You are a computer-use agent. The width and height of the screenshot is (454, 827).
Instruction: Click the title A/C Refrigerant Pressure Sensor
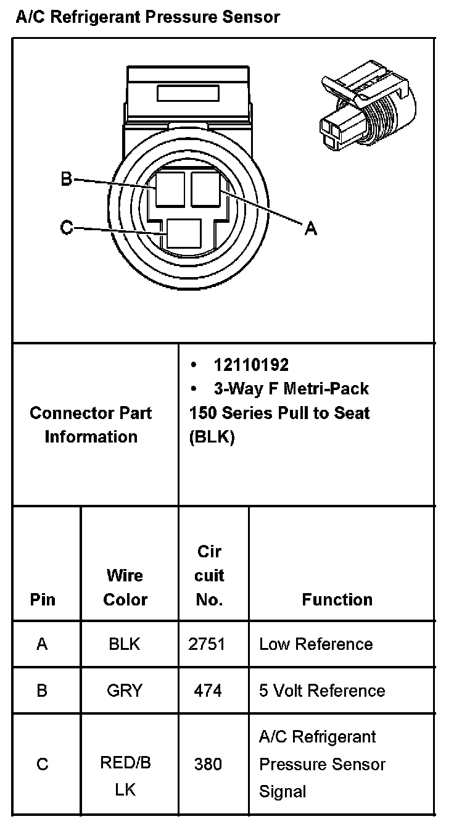147,17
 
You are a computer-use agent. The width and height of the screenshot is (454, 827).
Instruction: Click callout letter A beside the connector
311,229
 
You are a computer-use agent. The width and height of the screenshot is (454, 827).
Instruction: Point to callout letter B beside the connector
67,180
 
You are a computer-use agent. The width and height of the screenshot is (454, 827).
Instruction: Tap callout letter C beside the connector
67,228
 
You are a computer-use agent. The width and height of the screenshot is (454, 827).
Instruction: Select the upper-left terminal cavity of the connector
170,189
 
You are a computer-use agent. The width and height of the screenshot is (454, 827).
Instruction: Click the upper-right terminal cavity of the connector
207,189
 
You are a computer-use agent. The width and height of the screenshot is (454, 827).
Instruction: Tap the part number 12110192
251,365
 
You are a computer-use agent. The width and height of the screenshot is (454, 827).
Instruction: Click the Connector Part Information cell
91,425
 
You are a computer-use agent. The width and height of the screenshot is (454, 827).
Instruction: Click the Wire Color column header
125,587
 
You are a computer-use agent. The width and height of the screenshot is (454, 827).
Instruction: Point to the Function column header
337,599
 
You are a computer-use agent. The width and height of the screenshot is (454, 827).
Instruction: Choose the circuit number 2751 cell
207,644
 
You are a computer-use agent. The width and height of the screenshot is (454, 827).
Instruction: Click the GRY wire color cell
125,691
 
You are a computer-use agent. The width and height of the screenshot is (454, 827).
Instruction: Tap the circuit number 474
207,691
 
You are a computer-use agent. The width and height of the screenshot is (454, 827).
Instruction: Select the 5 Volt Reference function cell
322,691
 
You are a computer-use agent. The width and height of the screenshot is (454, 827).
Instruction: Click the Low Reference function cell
316,644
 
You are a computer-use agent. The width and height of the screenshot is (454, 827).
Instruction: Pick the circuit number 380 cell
207,764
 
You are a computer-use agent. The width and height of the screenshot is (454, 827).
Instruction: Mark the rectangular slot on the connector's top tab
188,93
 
